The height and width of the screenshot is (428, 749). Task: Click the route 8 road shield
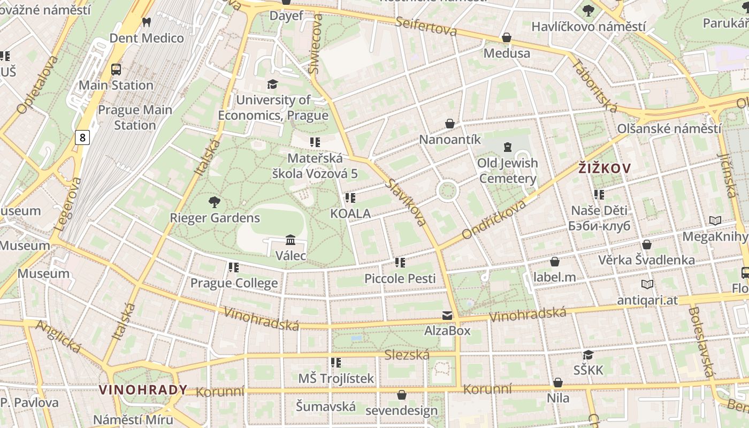pyautogui.click(x=82, y=137)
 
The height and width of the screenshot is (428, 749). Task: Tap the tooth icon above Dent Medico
pyautogui.click(x=146, y=22)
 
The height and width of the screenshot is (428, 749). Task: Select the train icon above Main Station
pyautogui.click(x=116, y=69)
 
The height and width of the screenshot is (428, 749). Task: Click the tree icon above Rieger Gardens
pyautogui.click(x=215, y=202)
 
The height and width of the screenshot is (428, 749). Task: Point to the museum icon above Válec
pyautogui.click(x=291, y=240)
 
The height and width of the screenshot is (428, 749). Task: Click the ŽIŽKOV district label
pyautogui.click(x=605, y=168)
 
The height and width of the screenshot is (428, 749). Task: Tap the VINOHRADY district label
pyautogui.click(x=143, y=389)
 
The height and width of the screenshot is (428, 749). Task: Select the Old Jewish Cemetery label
pyautogui.click(x=508, y=171)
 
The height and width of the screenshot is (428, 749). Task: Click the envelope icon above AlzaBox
pyautogui.click(x=447, y=315)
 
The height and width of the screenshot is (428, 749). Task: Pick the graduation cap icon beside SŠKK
pyautogui.click(x=588, y=355)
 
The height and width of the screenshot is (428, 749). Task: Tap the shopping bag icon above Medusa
pyautogui.click(x=506, y=37)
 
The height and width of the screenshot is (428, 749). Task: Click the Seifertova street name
pyautogui.click(x=426, y=26)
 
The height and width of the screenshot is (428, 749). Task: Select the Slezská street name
pyautogui.click(x=407, y=355)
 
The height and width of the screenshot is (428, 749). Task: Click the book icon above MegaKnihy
pyautogui.click(x=715, y=220)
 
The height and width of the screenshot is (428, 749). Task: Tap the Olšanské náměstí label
pyautogui.click(x=669, y=129)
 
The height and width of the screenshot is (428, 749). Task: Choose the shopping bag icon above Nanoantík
pyautogui.click(x=450, y=124)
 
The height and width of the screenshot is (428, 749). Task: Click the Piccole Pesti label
pyautogui.click(x=400, y=278)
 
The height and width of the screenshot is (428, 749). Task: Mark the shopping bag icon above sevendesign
pyautogui.click(x=401, y=395)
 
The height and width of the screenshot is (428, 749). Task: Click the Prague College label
pyautogui.click(x=234, y=283)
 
